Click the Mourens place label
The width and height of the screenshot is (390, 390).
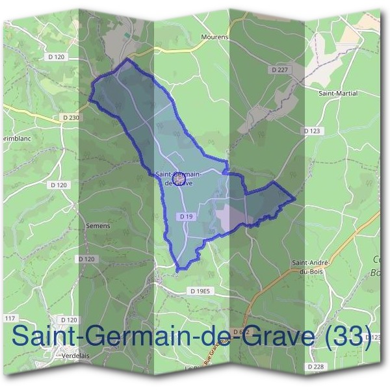pyautogui.click(x=215, y=37)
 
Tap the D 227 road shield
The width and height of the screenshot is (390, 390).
pyautogui.click(x=280, y=69)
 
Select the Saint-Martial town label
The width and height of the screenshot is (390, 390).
pyautogui.click(x=338, y=93)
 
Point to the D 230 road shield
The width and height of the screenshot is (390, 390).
pyautogui.click(x=71, y=117)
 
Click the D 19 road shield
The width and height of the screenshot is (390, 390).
pyautogui.click(x=186, y=216)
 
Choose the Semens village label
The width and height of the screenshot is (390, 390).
pyautogui.click(x=98, y=226)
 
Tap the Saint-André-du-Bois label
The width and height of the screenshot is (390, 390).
pyautogui.click(x=312, y=266)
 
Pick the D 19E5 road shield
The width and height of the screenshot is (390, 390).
pyautogui.click(x=201, y=291)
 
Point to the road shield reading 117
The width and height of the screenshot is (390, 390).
pyautogui.click(x=10, y=318)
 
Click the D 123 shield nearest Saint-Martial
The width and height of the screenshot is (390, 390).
pyautogui.click(x=313, y=131)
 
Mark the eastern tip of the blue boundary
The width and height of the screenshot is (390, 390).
pyautogui.click(x=295, y=198)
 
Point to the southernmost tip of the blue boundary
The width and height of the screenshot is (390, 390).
pyautogui.click(x=178, y=268)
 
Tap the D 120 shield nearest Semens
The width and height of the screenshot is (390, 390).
pyautogui.click(x=86, y=259)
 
